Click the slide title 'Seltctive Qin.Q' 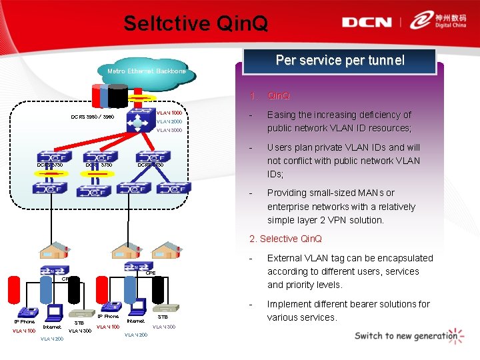coord(195,24)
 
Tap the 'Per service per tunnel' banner coord(340,61)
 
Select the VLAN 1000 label coord(169,113)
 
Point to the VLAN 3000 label coord(169,130)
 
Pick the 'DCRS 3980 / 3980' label coord(92,117)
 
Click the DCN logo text coord(367,22)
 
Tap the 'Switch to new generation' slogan coord(405,335)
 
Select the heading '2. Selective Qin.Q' coord(285,239)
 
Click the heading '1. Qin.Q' coord(270,95)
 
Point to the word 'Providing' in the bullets coord(288,193)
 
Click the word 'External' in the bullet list coord(286,258)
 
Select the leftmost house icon coord(52,250)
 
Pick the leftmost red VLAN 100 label coord(24,330)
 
